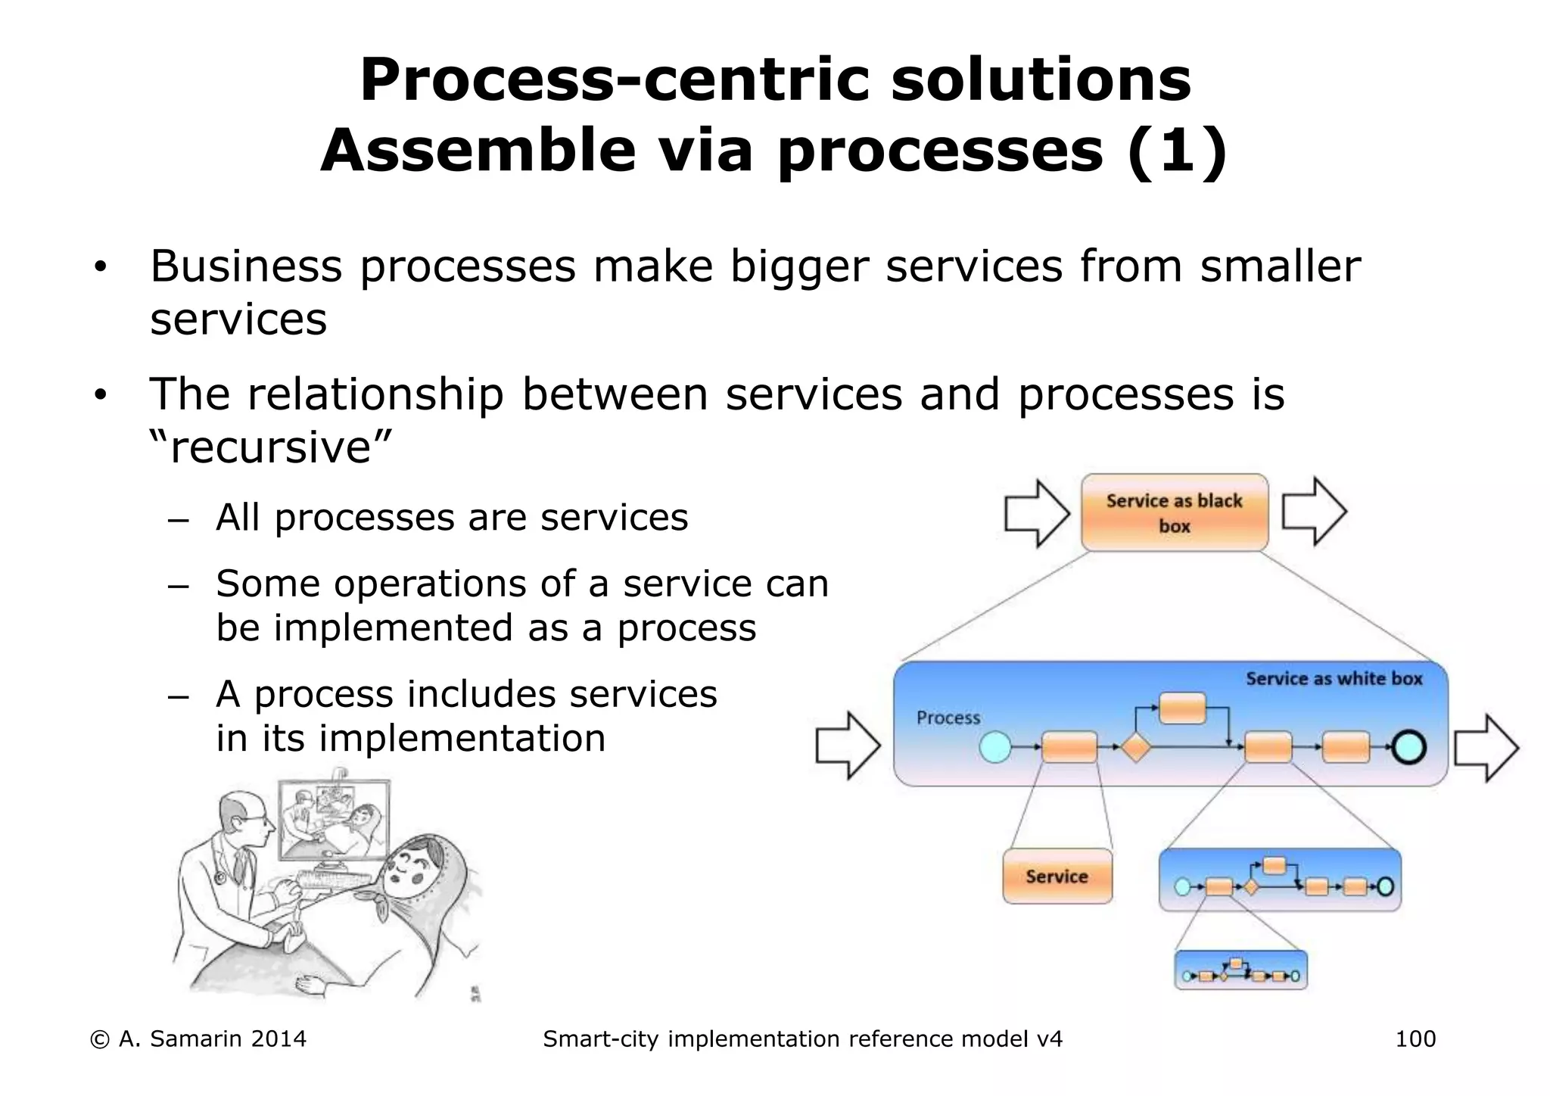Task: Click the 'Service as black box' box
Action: coord(1174,512)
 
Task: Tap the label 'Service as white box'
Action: coord(1334,679)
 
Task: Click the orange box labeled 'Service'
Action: coord(1057,876)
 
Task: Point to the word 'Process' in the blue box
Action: coord(948,718)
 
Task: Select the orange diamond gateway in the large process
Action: coord(1135,747)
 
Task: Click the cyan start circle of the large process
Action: coord(995,747)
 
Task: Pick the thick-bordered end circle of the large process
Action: coord(1408,747)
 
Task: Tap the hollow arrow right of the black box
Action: coord(1314,512)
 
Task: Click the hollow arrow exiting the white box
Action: coord(1486,748)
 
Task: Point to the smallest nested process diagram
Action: coord(1240,970)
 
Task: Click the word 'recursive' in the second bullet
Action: coord(270,447)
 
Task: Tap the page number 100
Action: coord(1415,1039)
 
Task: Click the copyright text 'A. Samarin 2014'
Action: coord(212,1039)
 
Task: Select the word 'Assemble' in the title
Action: coord(477,150)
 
